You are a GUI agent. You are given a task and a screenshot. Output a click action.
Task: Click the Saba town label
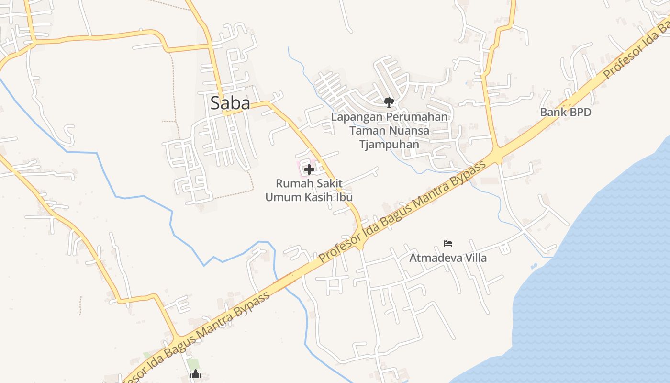230,103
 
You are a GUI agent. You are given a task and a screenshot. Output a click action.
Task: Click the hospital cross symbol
309,169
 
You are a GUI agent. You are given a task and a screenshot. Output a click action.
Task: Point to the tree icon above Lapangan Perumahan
389,101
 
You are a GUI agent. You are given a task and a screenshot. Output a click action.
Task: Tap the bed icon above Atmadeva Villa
448,243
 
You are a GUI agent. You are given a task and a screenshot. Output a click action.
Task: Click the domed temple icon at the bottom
195,375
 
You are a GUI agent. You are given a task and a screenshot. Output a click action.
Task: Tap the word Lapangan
353,117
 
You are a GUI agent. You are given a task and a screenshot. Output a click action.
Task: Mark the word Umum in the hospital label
284,197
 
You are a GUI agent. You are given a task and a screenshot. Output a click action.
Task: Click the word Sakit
327,183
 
